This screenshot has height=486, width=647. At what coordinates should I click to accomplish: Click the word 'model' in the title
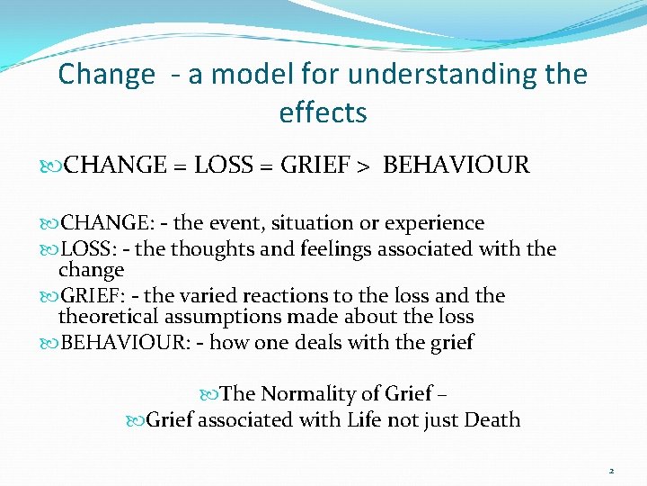[x=229, y=74]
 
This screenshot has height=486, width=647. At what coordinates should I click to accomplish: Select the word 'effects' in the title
[x=323, y=113]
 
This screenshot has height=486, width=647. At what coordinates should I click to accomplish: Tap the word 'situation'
[x=303, y=223]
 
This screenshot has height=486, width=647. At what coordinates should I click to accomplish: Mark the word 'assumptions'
[x=224, y=317]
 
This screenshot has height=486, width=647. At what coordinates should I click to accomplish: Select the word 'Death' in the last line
[x=492, y=420]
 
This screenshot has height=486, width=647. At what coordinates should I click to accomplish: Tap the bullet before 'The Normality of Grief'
[x=211, y=394]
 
